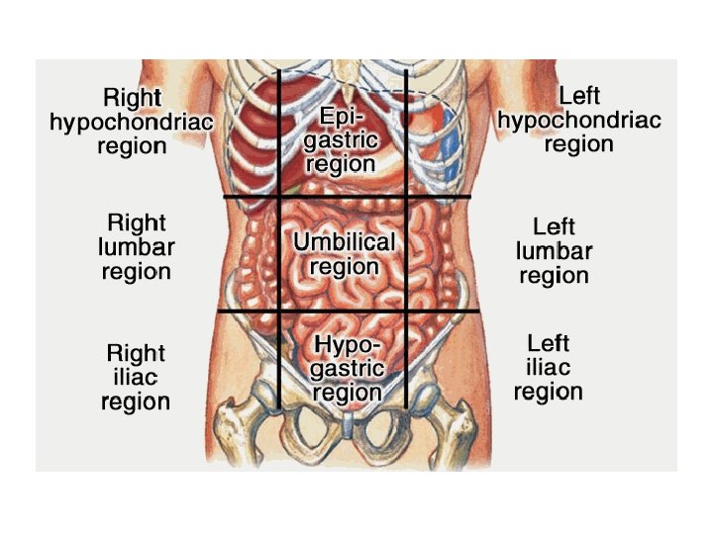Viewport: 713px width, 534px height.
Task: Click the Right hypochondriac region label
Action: coord(132,122)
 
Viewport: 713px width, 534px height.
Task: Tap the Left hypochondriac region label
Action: coord(579,120)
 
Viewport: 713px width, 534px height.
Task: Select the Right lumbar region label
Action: coord(137,246)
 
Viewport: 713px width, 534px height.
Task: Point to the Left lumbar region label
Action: coord(554,251)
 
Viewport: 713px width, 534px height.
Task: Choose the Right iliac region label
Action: coord(136,377)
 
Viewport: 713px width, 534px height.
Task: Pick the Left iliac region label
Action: coord(548,368)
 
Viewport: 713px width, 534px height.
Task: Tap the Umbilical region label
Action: coord(344,254)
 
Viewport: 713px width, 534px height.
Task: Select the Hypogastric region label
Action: coord(348,368)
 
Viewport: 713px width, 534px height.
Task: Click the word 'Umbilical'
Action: coord(344,242)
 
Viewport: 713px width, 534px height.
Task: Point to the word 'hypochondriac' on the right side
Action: coord(579,121)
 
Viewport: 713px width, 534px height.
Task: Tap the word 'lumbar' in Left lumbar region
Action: coord(554,251)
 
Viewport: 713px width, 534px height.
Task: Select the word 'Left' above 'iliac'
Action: coord(548,343)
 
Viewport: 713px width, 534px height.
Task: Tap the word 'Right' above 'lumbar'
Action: coord(137,222)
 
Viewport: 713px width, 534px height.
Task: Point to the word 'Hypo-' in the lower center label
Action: coord(346,344)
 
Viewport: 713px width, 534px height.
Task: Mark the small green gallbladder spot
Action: coord(294,186)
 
